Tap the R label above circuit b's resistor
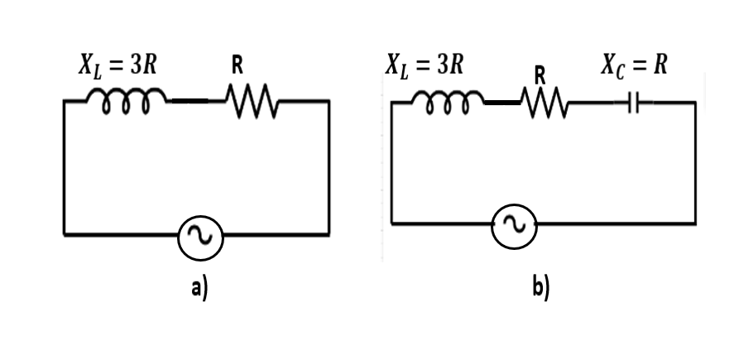[539, 74]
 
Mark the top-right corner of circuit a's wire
[329, 101]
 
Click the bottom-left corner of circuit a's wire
[65, 235]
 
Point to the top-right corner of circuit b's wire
[694, 103]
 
